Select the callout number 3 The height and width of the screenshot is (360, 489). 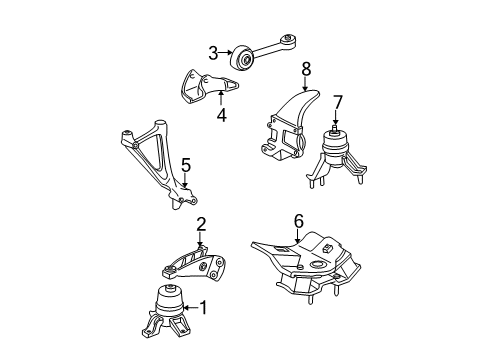[x=213, y=53]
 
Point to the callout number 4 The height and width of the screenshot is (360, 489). [x=221, y=115]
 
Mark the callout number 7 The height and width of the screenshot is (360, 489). [x=338, y=101]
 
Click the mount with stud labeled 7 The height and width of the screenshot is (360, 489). [x=337, y=155]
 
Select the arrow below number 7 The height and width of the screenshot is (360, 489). [x=337, y=118]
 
